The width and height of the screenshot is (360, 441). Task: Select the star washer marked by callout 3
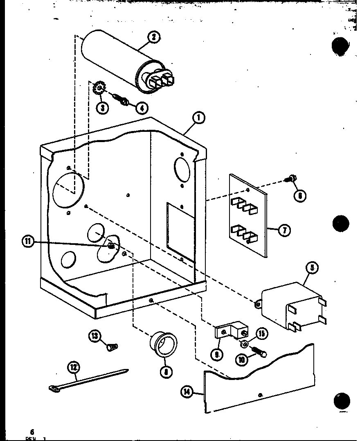[99, 88]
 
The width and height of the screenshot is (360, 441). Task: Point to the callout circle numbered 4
[142, 108]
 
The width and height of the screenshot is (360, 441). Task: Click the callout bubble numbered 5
[312, 269]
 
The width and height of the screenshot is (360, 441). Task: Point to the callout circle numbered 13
[95, 337]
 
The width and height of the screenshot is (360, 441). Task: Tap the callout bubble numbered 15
[262, 333]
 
